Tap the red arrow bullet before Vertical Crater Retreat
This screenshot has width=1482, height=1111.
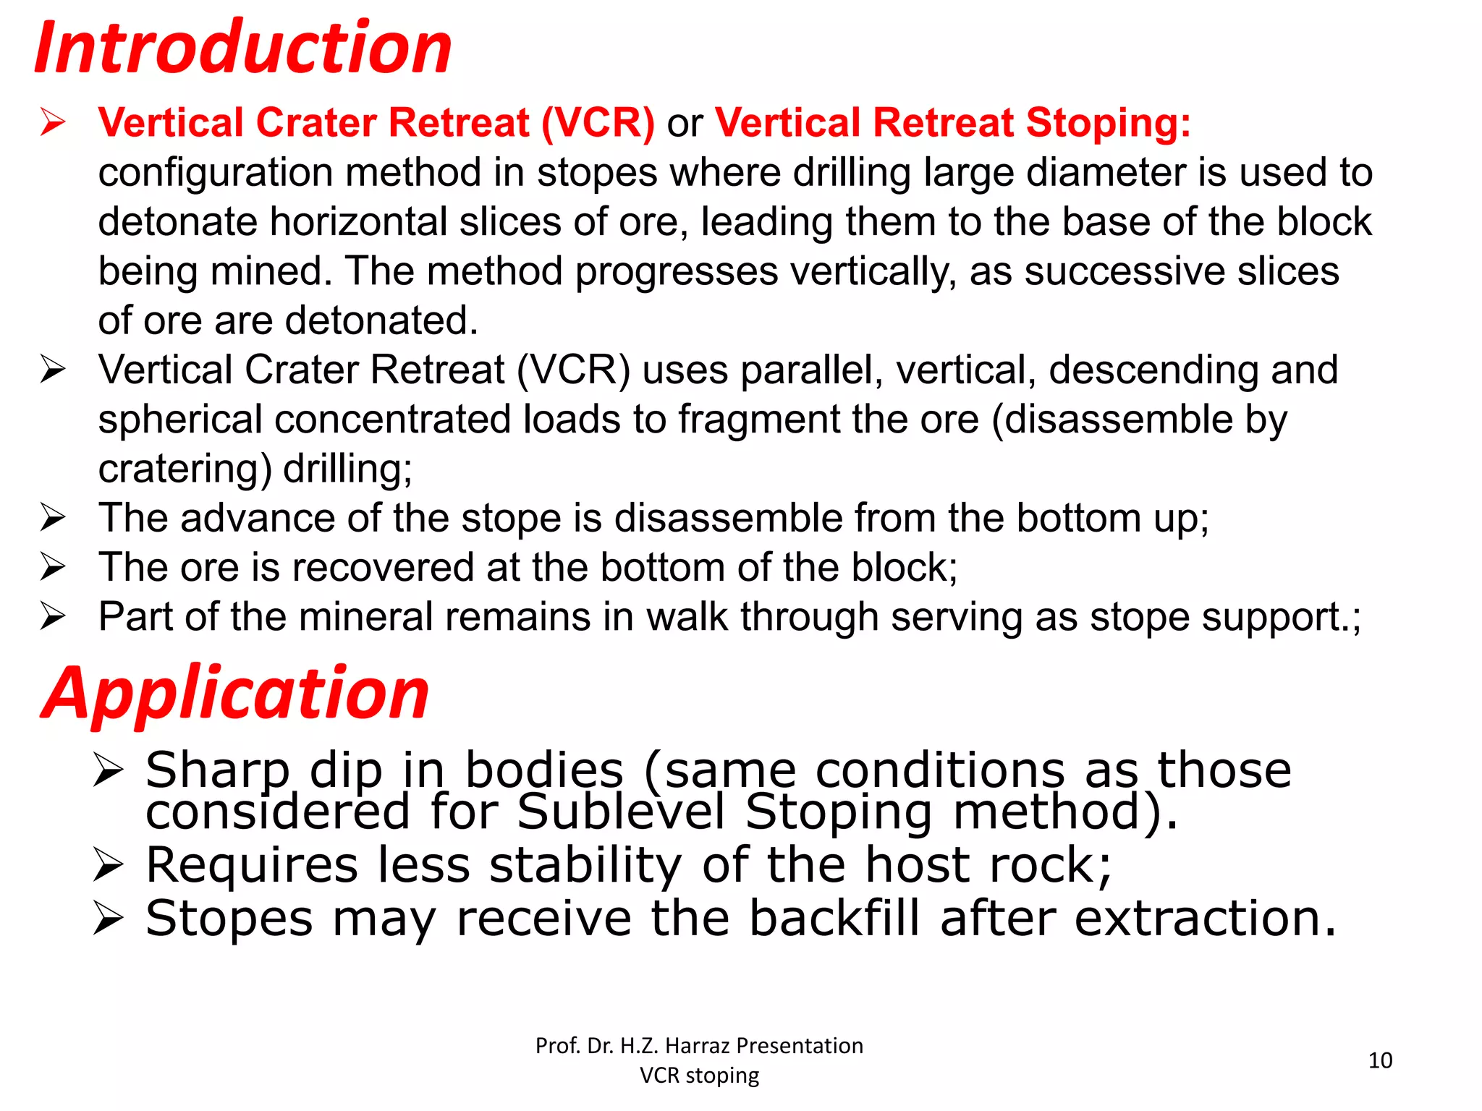[x=53, y=122]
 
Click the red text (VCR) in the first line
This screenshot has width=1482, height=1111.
[x=598, y=122]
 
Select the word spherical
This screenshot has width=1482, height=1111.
[x=180, y=420]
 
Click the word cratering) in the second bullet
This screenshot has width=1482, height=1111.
[x=185, y=469]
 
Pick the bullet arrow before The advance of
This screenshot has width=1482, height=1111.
[x=53, y=518]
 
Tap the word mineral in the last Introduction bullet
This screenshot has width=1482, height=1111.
[x=366, y=617]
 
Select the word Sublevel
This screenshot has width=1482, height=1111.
[x=620, y=812]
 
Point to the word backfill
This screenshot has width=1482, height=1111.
[x=834, y=918]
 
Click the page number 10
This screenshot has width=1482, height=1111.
[x=1380, y=1060]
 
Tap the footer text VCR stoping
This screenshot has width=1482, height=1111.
[x=699, y=1076]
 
